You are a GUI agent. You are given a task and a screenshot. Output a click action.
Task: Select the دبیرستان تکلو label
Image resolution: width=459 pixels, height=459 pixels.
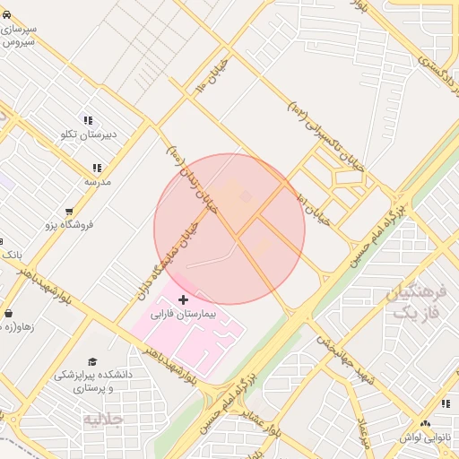tap(82, 134)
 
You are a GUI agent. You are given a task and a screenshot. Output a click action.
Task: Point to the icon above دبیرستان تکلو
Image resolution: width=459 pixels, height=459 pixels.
tap(88, 120)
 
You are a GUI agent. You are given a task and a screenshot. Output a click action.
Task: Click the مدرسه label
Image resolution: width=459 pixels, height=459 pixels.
tap(97, 181)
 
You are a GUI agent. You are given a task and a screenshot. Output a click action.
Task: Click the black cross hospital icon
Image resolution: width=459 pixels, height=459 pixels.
tap(184, 299)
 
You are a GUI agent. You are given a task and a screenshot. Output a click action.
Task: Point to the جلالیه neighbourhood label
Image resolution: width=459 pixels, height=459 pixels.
tap(101, 419)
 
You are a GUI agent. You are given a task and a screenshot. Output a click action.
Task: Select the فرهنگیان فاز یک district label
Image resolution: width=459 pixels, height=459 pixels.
tap(413, 302)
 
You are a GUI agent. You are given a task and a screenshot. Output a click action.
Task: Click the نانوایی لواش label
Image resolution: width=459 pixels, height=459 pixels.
tap(426, 437)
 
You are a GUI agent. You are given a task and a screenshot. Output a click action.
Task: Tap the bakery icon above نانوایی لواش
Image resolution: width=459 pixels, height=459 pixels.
tap(425, 422)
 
